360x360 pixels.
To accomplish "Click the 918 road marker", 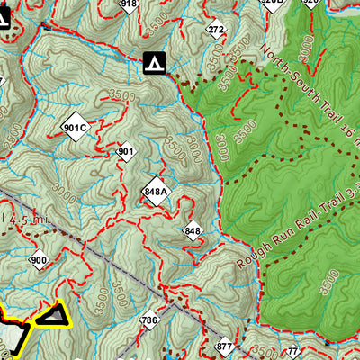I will coord(129,4).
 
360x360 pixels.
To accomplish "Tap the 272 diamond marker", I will coord(215,30).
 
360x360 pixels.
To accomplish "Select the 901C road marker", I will coord(76,127).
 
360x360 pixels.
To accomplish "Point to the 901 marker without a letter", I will coord(125,152).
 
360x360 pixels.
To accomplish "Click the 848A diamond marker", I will coord(155,192).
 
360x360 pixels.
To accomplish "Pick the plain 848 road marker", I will coord(192,231).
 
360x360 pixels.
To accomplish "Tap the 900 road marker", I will coord(38,261).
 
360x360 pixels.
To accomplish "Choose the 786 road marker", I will coord(148,320).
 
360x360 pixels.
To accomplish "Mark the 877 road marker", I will coord(224,346).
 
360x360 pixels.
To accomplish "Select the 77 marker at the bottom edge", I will coord(291,351).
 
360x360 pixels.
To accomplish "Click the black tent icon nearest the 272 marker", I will coord(154,62).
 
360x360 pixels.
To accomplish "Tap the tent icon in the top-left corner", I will coord(4,15).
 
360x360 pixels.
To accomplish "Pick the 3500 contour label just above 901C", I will coord(93,95).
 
